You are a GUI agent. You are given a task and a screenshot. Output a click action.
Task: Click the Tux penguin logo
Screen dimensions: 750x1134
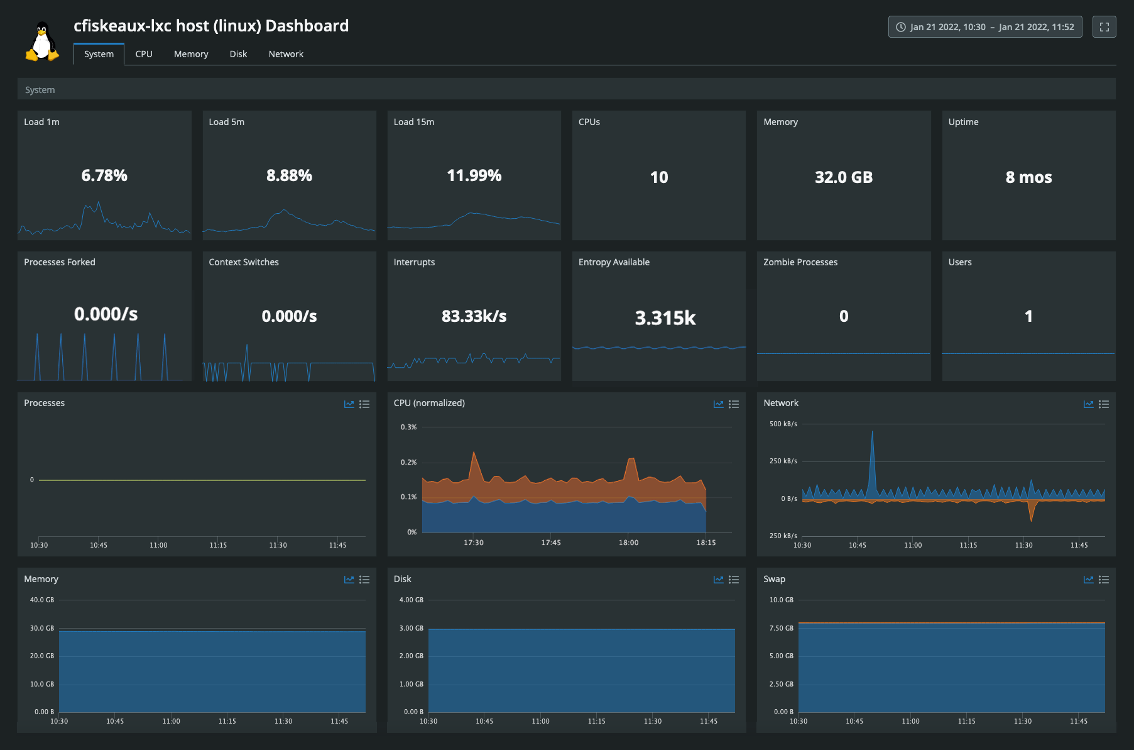pos(42,41)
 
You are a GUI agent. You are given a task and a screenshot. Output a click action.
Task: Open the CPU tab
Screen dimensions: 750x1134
pos(144,54)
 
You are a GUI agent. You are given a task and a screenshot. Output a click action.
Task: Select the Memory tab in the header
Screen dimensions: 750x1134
pos(191,54)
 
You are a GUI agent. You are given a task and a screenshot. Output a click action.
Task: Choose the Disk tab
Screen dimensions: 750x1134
pos(238,54)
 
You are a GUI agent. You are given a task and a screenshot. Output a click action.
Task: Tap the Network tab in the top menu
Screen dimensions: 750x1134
pos(286,54)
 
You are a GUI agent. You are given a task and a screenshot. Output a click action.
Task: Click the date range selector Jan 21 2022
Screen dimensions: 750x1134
pos(984,27)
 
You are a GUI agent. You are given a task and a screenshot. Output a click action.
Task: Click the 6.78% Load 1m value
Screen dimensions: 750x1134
pos(104,175)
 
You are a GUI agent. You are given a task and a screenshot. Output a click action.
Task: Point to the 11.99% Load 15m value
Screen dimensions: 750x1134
pos(474,175)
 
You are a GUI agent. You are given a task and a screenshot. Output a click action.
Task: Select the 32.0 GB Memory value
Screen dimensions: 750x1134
pos(843,177)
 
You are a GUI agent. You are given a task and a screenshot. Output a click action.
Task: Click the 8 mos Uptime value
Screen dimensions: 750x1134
pos(1028,177)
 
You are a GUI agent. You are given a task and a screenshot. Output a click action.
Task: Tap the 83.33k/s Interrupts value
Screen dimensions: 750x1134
pos(474,316)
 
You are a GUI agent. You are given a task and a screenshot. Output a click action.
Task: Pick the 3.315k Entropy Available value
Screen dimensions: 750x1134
pos(665,318)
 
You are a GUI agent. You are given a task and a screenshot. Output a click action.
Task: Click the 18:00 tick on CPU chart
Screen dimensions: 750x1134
pos(628,543)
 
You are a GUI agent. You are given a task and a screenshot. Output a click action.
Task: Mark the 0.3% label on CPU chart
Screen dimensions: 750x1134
pos(408,427)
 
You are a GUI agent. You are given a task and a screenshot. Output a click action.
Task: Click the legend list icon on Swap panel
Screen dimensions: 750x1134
pos(1104,580)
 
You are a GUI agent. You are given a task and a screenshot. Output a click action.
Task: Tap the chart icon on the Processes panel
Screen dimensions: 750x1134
pos(349,404)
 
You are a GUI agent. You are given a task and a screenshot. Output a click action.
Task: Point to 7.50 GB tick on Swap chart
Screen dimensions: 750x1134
pos(781,628)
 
